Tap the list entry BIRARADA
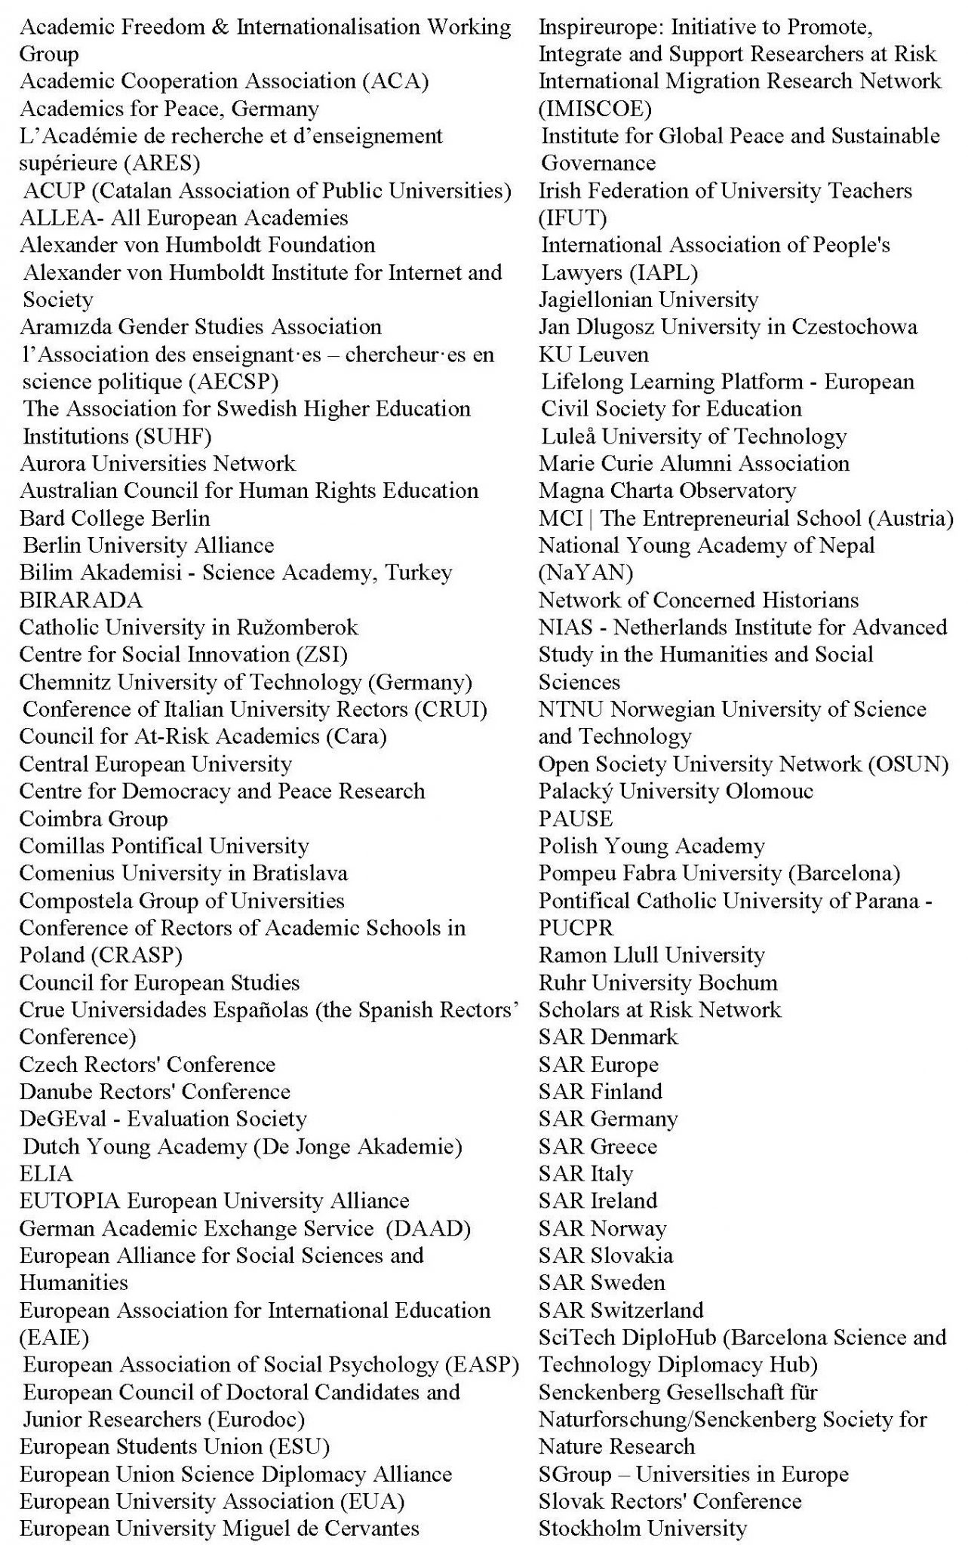[81, 600]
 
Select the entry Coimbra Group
[94, 819]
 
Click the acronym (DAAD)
[428, 1228]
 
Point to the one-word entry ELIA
[46, 1174]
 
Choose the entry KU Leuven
[593, 355]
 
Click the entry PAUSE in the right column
[575, 819]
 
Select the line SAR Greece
[598, 1147]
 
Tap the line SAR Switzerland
[620, 1310]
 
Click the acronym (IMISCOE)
[595, 109]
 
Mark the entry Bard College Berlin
[115, 518]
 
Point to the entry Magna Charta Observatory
[667, 491]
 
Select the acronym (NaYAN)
[585, 573]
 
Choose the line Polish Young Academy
[651, 846]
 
